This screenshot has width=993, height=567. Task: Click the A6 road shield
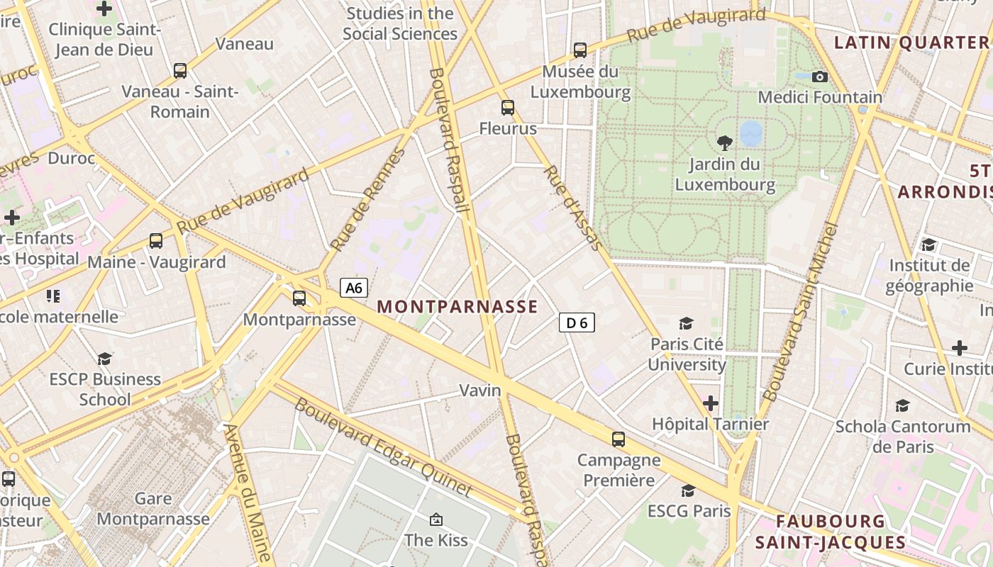354,288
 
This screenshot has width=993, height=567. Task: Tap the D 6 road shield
577,322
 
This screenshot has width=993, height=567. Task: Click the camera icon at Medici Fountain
820,77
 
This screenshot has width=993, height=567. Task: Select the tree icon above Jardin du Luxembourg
724,143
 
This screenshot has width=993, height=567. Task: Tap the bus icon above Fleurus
508,108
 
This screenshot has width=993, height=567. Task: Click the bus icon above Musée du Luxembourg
580,50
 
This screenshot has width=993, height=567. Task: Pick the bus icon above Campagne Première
618,439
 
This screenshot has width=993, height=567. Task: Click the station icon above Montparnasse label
299,298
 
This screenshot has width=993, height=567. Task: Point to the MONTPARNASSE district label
457,307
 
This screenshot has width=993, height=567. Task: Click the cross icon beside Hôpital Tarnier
711,403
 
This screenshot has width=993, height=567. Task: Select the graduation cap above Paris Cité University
686,324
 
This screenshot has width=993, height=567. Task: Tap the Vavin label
480,391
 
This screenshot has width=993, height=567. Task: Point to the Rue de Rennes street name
367,200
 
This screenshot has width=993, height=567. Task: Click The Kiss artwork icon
436,520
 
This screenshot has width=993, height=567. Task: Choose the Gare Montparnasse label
153,509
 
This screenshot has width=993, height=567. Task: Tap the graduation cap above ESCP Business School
105,359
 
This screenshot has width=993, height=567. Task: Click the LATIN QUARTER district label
911,43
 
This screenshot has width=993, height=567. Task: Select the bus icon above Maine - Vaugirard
156,241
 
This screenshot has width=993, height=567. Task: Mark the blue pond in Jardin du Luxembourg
751,133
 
